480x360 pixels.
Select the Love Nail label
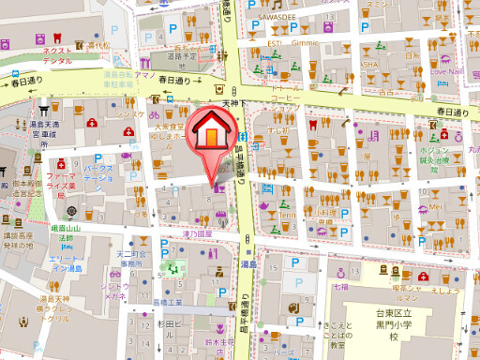(449, 67)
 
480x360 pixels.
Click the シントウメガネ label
(115, 290)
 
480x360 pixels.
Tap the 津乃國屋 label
(199, 233)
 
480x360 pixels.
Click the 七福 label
(339, 286)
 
